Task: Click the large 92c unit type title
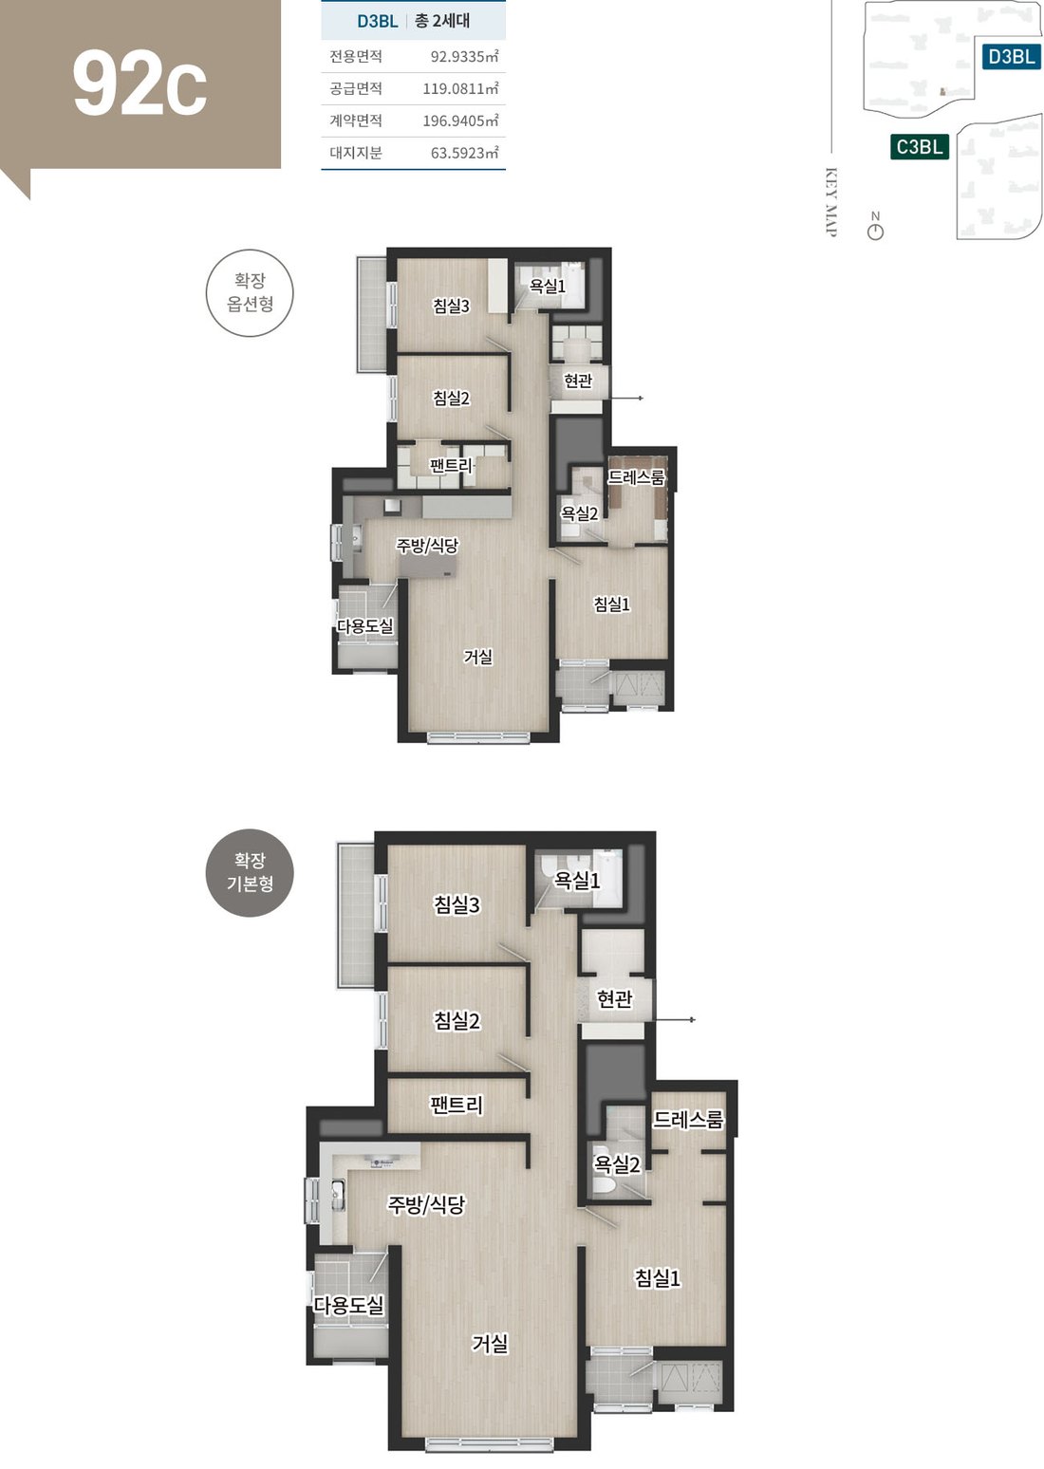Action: (140, 84)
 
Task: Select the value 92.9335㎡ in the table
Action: (464, 56)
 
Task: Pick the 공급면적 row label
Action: (355, 88)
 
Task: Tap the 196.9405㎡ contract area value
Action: (460, 121)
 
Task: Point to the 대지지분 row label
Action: (355, 153)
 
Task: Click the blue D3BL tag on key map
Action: (1011, 56)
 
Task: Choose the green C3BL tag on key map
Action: (920, 146)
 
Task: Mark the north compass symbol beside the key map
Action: (875, 226)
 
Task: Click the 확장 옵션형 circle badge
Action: (250, 292)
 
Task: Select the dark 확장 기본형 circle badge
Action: (250, 872)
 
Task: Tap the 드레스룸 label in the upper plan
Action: (636, 476)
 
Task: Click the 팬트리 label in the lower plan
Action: (457, 1105)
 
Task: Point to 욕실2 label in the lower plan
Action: (616, 1164)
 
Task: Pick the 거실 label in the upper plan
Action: (478, 656)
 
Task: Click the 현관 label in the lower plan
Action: (614, 998)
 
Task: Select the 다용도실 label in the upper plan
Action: (365, 625)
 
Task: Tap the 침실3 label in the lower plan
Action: (457, 904)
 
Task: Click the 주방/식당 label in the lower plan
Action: (426, 1204)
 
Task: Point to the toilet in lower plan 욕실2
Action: (603, 1183)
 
